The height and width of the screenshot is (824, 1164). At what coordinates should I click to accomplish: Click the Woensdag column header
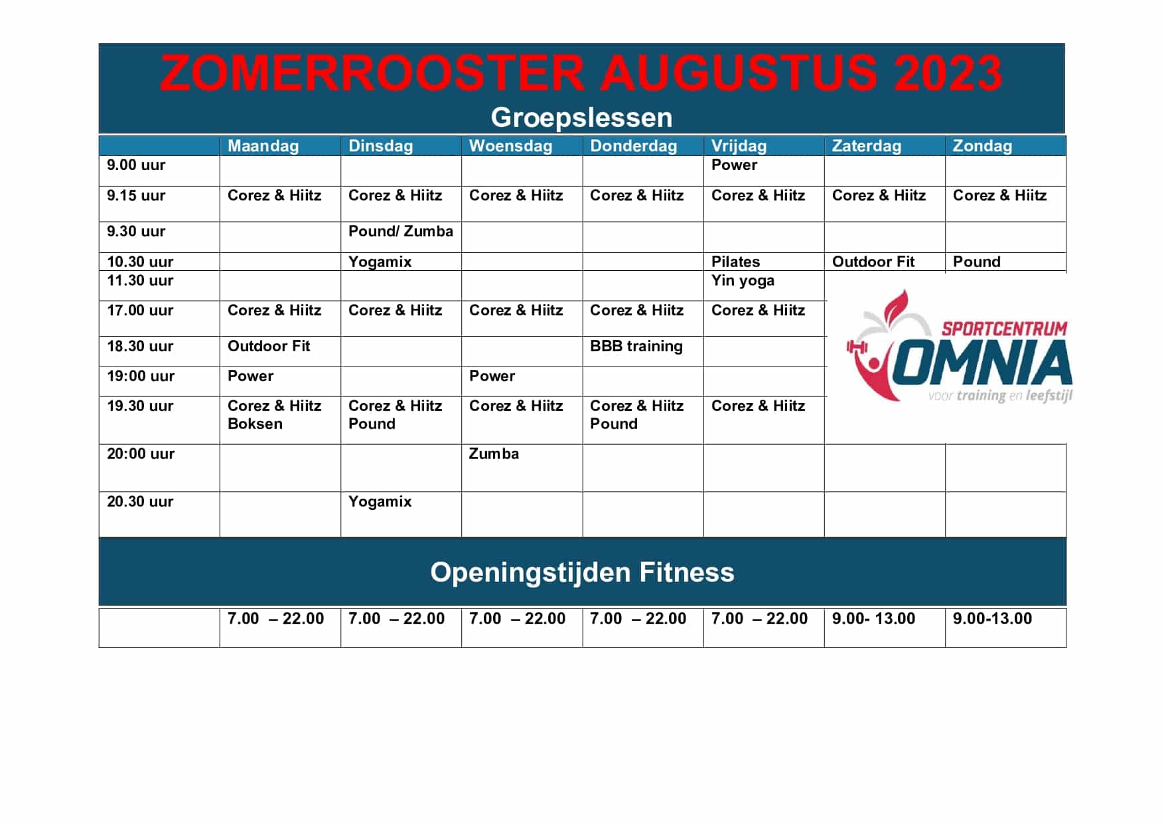510,146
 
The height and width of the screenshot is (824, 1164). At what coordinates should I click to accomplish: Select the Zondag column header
982,146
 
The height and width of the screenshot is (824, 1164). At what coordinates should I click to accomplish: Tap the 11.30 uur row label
140,281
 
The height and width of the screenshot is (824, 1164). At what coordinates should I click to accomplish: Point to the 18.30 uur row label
140,347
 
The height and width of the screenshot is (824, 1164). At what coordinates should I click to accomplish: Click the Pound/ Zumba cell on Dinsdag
401,232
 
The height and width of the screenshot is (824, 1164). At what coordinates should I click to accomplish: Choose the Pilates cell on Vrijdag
735,262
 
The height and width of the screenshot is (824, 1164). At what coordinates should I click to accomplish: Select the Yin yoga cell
743,281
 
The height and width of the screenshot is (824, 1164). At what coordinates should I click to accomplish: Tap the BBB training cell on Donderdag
636,347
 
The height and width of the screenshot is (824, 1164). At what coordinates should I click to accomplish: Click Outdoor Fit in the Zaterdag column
873,262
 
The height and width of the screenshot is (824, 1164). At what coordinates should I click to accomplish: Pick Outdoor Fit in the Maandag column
269,347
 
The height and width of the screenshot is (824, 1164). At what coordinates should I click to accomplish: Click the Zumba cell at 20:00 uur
494,454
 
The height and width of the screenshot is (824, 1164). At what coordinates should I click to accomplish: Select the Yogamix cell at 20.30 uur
380,502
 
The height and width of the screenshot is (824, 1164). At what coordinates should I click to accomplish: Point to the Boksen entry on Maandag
255,424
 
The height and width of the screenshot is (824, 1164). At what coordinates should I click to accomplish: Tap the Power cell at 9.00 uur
734,165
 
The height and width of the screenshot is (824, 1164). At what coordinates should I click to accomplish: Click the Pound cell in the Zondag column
976,262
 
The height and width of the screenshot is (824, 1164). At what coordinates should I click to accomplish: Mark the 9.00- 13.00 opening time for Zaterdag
873,619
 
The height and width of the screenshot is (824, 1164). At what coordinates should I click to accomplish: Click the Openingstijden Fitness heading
582,573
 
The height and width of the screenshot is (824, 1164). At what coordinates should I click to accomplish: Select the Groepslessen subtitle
581,118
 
